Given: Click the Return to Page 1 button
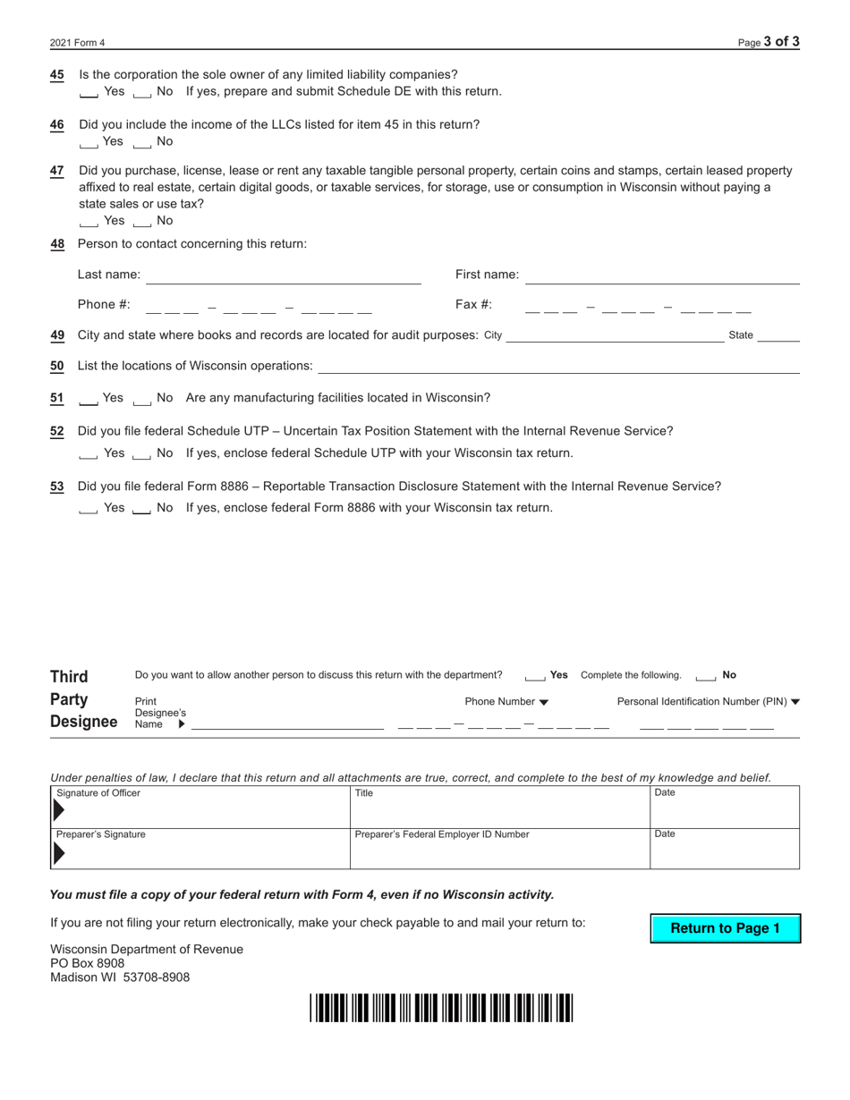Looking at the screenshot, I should coord(725,928).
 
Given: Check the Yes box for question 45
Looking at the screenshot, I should coord(89,92).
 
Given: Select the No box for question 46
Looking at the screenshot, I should coord(141,142).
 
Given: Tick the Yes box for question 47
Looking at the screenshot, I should coord(89,221).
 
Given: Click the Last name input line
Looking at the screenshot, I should coord(283,275).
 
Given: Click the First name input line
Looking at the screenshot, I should coord(662,275).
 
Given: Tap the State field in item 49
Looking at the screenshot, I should coord(778,335).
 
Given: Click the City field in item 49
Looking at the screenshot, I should coord(614,335).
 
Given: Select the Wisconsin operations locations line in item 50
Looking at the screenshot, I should coord(558,366).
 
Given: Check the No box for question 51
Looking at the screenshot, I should coord(141,399).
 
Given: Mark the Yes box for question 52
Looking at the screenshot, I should coord(89,454).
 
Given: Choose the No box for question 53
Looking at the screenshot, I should coord(141,509).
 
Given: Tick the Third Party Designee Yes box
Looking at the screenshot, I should coord(535,676).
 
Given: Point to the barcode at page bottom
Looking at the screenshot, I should coord(441,1008).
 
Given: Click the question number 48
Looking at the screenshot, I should coord(57,244).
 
